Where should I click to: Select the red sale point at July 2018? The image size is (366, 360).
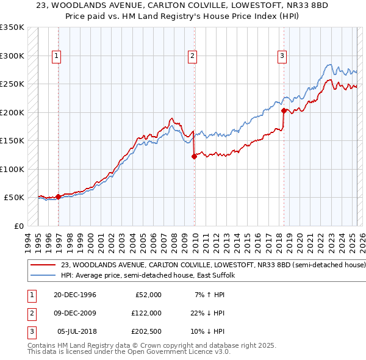pyautogui.click(x=284, y=110)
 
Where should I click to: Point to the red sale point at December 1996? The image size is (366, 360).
pyautogui.click(x=59, y=196)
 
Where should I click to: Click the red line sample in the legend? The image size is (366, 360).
pyautogui.click(x=43, y=265)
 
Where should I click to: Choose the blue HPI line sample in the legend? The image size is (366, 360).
pyautogui.click(x=43, y=276)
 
